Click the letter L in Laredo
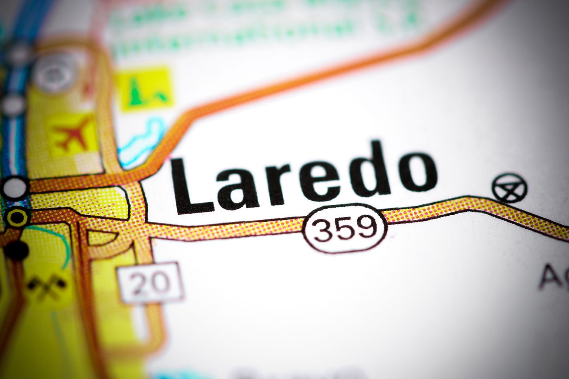coord(191,187)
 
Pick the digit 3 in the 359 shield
coord(324,230)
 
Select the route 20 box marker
coord(150,282)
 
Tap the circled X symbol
coord(509,188)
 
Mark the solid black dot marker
coord(17,249)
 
